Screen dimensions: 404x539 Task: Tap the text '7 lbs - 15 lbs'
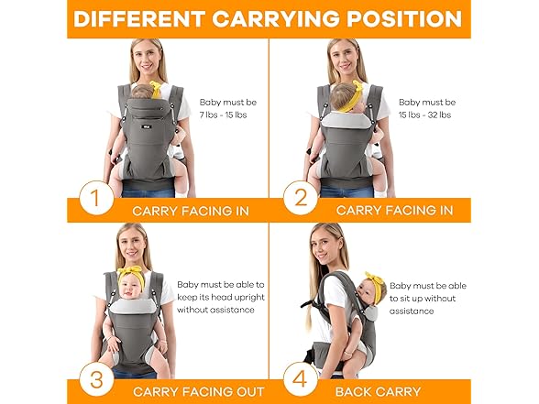coord(225,116)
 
